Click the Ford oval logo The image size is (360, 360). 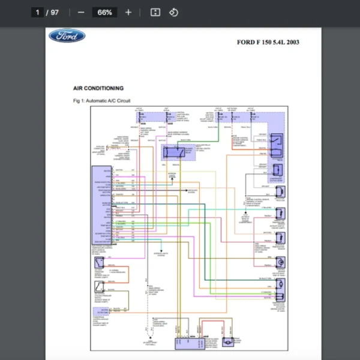pos(67,36)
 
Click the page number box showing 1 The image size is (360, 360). pos(37,12)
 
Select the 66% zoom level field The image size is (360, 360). pos(104,12)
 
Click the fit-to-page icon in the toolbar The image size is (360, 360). pos(155,12)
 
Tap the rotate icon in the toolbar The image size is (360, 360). pos(173,12)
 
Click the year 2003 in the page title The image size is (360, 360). pos(292,42)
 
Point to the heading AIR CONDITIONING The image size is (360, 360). pos(98,88)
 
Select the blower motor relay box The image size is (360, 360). pos(176,151)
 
